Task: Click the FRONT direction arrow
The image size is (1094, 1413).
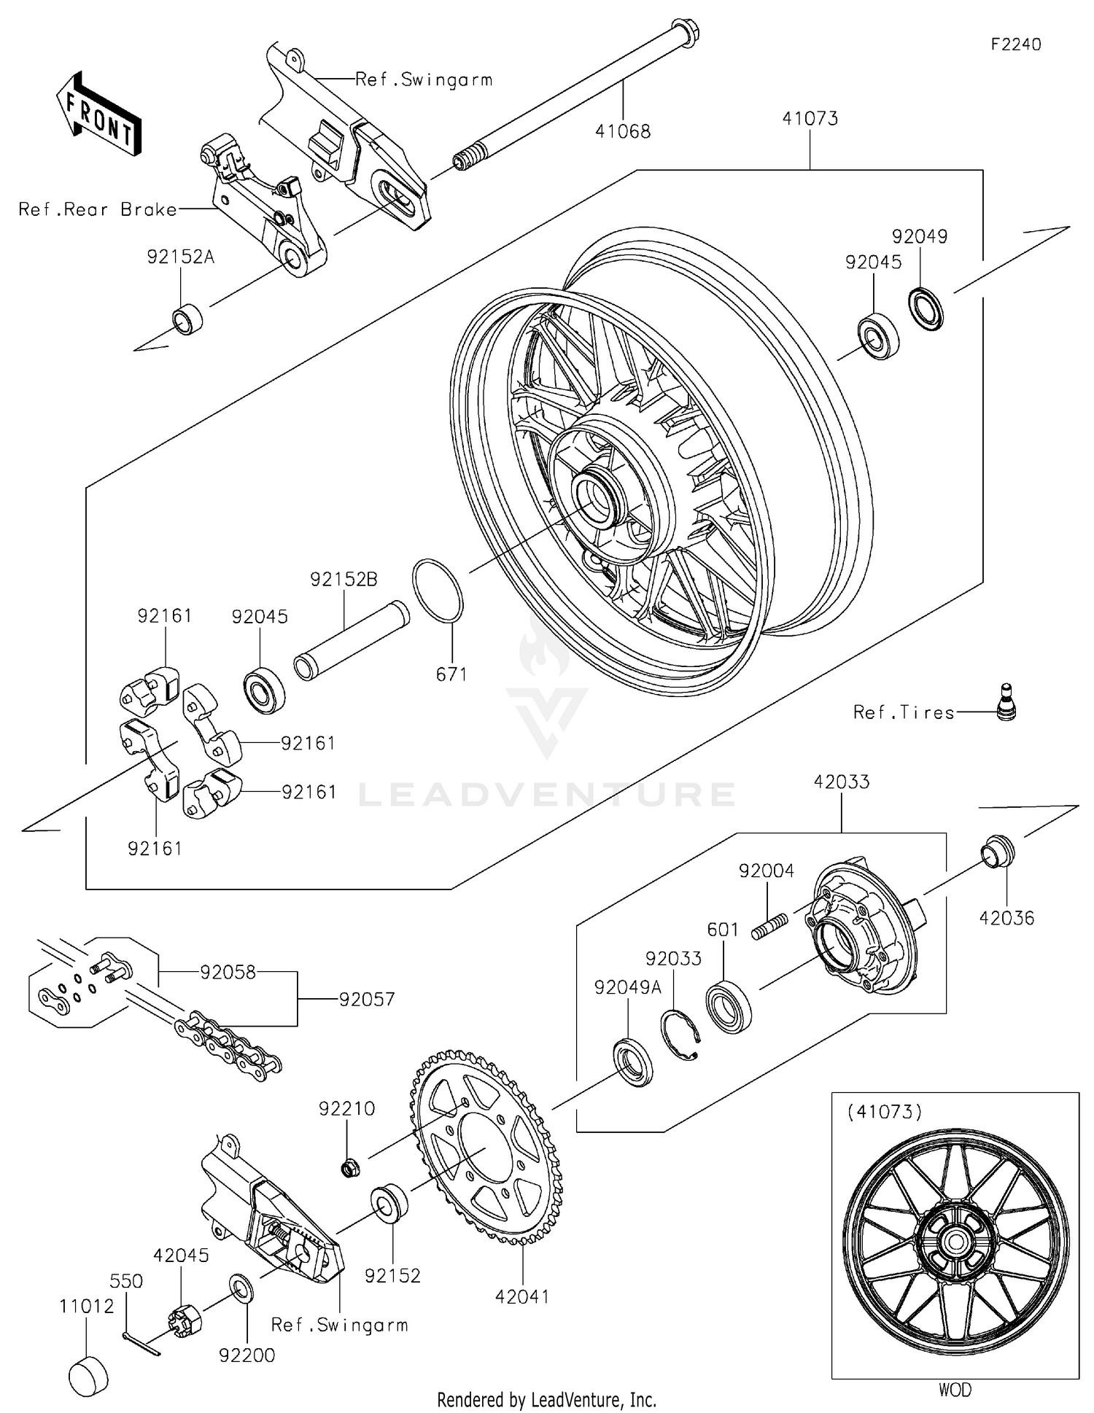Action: (98, 114)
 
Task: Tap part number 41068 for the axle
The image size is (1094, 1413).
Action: (622, 131)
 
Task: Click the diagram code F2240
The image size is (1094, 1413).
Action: (1015, 44)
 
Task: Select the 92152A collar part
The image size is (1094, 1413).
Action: (187, 319)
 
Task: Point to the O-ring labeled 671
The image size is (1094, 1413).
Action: (438, 591)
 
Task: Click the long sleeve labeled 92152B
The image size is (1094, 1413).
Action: (352, 639)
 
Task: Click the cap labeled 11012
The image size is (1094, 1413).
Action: (88, 1376)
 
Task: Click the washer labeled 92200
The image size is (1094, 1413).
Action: (240, 1289)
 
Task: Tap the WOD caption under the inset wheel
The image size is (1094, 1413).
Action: (955, 1390)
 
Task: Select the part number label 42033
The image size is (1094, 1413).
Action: (841, 782)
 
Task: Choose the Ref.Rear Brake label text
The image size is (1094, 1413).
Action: (98, 210)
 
